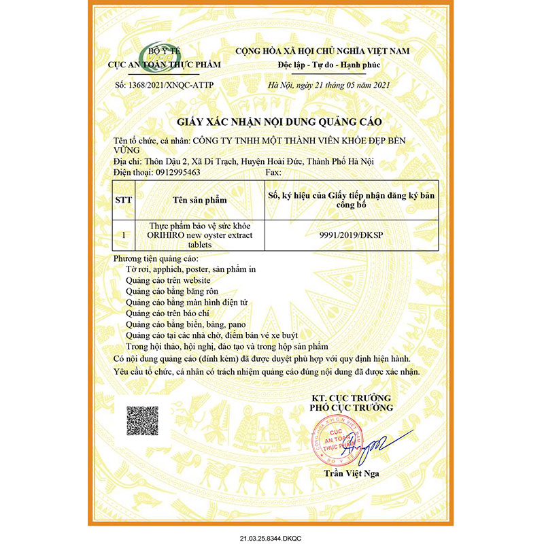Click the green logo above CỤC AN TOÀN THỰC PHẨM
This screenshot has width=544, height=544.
pos(152,55)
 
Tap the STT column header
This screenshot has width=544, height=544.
pos(124,201)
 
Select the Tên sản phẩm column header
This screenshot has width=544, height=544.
pos(199,201)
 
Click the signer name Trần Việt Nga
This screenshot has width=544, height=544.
pos(352,473)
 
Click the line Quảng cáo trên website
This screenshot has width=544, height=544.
pos(168,280)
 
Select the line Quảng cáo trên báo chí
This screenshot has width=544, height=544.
pos(169,313)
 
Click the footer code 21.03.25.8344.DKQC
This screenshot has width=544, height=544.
pos(271,537)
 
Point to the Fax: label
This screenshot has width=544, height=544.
pos(271,173)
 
